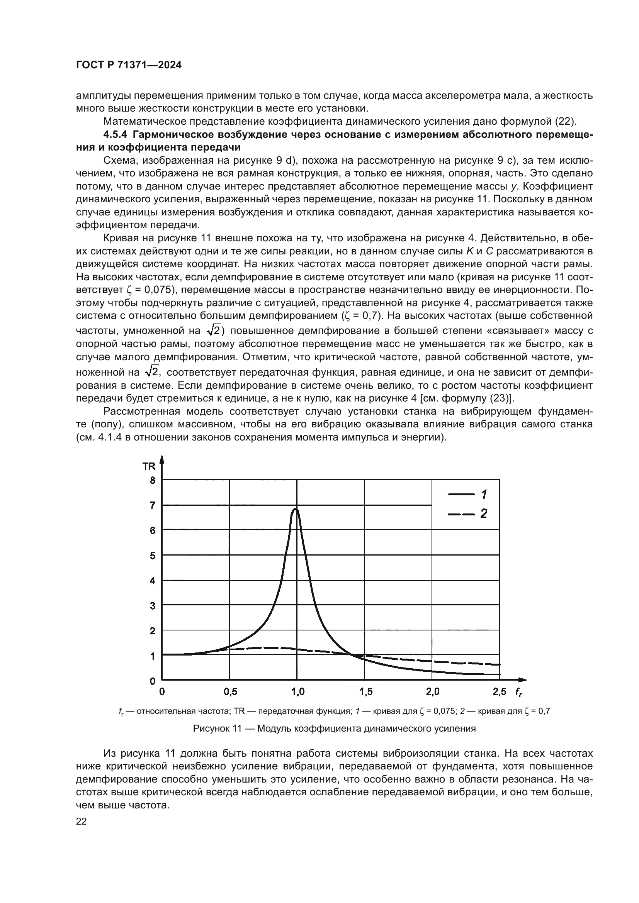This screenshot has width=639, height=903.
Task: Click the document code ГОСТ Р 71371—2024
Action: [129, 65]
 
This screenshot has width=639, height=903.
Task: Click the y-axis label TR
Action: [149, 466]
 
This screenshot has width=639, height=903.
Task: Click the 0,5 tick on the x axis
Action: [230, 691]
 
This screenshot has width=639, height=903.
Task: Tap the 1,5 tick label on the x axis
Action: [365, 691]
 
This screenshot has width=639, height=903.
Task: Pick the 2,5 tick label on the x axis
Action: [500, 691]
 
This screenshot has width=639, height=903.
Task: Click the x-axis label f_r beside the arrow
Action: [519, 692]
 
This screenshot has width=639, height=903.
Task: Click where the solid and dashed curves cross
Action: [351, 654]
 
